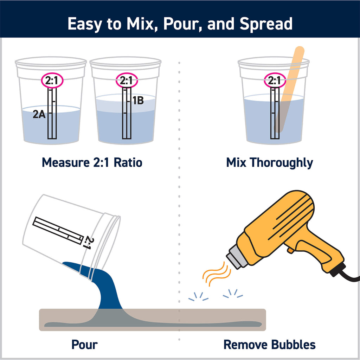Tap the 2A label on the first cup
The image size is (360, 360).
(x=39, y=114)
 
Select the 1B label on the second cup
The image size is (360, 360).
(x=138, y=101)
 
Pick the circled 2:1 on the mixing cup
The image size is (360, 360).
(x=275, y=81)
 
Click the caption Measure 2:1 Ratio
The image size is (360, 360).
(x=92, y=162)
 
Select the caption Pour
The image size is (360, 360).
(x=84, y=345)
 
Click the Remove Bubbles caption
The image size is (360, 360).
(x=270, y=345)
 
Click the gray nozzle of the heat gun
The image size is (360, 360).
(x=236, y=259)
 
